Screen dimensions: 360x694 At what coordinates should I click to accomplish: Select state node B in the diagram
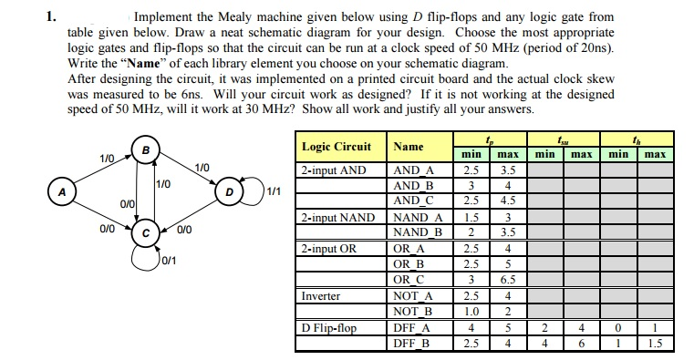[x=142, y=150]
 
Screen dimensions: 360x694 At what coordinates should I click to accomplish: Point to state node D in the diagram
[x=229, y=193]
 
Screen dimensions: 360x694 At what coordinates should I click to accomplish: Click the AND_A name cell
[x=413, y=170]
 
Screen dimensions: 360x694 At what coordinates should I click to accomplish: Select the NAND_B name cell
[x=416, y=231]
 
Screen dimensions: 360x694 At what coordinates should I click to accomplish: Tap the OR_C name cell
[x=408, y=279]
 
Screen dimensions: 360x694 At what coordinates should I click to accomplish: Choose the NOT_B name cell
[x=412, y=311]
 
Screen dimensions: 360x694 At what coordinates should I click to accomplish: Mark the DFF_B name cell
[x=410, y=343]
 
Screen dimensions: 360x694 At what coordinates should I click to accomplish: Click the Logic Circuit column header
[x=336, y=146]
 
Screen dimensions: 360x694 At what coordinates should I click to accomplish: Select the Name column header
[x=408, y=146]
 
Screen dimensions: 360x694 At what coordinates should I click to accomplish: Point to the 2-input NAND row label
[x=337, y=217]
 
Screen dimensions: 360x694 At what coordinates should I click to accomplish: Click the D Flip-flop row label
[x=329, y=327]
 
